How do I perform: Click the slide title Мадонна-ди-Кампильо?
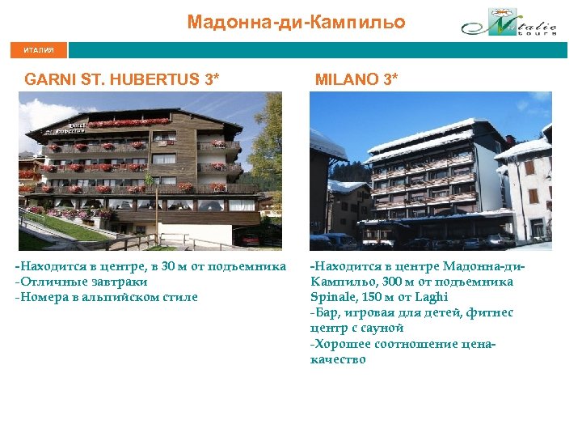pyautogui.click(x=296, y=22)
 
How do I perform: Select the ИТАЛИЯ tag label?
pyautogui.click(x=39, y=50)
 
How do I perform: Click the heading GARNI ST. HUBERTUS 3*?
pyautogui.click(x=122, y=80)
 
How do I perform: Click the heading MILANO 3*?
pyautogui.click(x=356, y=80)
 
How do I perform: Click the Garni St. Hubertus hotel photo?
pyautogui.click(x=150, y=171)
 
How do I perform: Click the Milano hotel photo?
pyautogui.click(x=430, y=171)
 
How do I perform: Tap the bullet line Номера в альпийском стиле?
pyautogui.click(x=107, y=297)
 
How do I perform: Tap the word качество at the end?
pyautogui.click(x=338, y=359)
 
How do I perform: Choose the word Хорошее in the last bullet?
pyautogui.click(x=341, y=343)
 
